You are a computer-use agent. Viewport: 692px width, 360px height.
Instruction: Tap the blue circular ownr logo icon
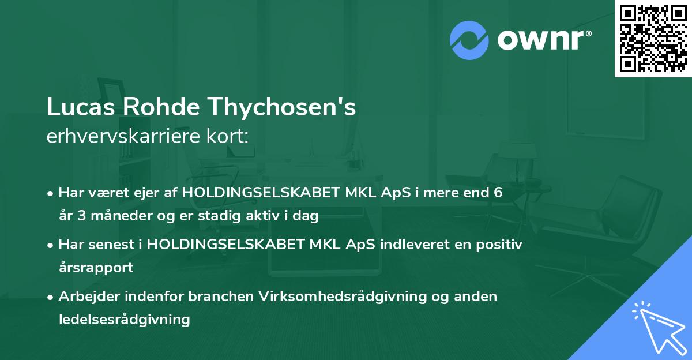click(x=469, y=40)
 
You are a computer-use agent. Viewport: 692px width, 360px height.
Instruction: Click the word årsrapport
click(x=96, y=268)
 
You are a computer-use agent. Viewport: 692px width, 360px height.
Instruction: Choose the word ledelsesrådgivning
click(x=124, y=319)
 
